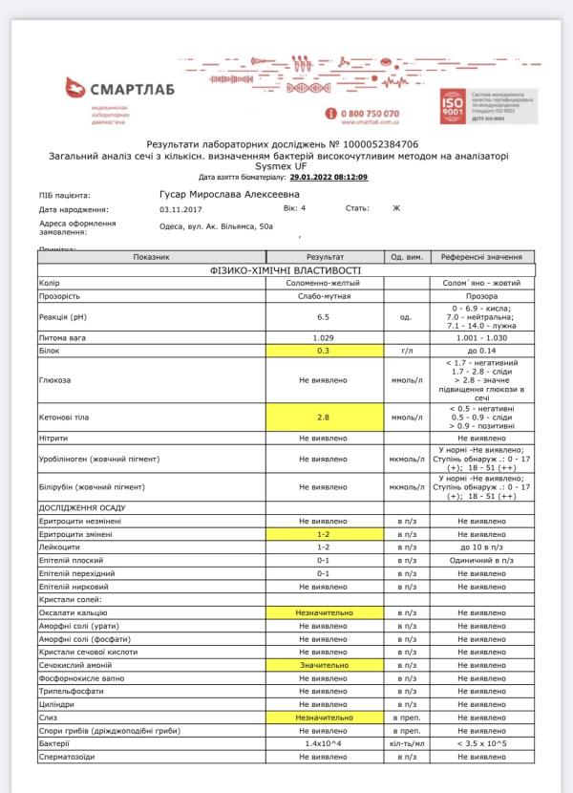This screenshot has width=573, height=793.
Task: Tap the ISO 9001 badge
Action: pos(454,106)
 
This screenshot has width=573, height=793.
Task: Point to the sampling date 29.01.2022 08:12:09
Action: pos(329,177)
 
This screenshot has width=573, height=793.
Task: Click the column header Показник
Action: pos(151,257)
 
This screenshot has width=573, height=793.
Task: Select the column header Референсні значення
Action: pos(480,257)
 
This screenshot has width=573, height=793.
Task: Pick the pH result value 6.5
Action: pos(323,316)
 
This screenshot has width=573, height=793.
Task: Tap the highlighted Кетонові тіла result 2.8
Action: pos(323,418)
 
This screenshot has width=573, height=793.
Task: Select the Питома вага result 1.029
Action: pos(323,338)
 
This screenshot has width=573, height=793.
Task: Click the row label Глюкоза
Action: pos(54,379)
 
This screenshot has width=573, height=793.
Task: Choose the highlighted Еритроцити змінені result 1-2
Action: pos(323,534)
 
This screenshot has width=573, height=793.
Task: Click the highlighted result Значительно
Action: pos(323,664)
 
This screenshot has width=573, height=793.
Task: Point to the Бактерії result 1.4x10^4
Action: pos(323,742)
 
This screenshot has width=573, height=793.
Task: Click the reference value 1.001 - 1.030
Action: pos(480,338)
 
